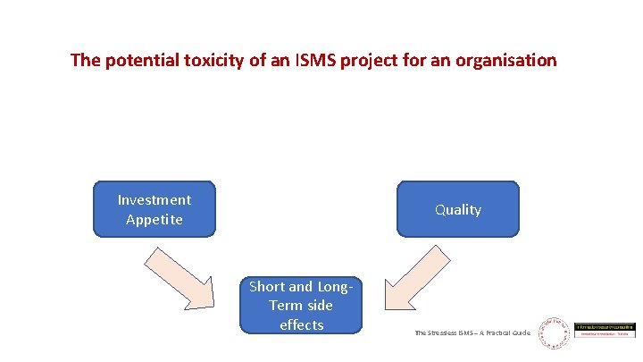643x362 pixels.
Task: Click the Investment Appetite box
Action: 154,209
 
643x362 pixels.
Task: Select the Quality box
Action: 458,209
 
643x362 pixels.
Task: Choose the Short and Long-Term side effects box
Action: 301,306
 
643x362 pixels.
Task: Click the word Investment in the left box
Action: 154,199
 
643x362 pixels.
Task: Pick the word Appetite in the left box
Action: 154,219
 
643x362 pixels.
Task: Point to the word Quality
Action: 458,209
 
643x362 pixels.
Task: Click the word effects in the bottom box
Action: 301,325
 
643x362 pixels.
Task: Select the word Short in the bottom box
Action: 267,287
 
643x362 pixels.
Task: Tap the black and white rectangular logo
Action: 605,331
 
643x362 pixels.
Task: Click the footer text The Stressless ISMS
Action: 446,333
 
